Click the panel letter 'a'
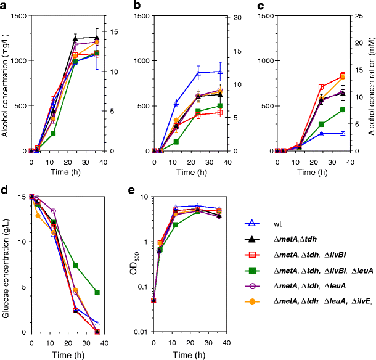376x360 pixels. [x=4, y=6]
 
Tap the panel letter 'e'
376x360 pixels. [x=128, y=191]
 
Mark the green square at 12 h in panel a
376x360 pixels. [x=53, y=133]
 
